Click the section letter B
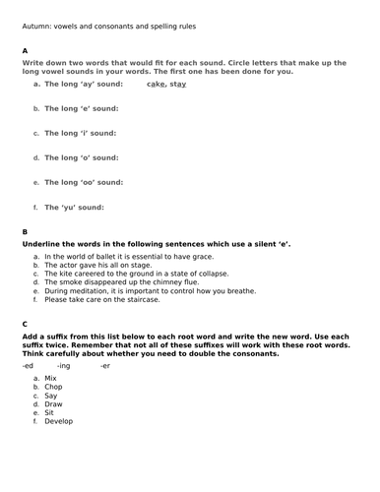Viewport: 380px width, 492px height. click(x=26, y=231)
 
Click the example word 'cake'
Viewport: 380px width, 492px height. click(x=156, y=85)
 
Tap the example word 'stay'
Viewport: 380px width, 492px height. click(x=178, y=85)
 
